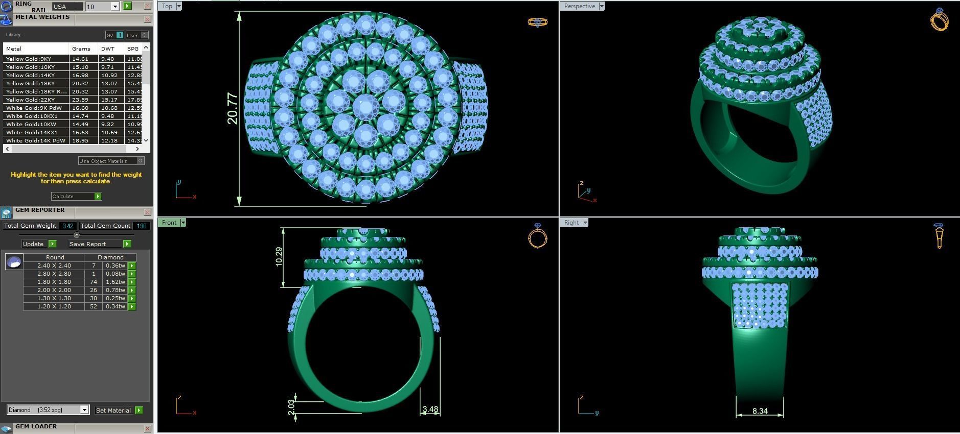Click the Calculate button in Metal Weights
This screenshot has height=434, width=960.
pos(76,197)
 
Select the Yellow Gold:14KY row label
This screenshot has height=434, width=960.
pos(30,75)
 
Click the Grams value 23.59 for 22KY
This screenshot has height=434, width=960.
pos(80,100)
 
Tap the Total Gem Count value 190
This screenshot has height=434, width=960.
pos(142,226)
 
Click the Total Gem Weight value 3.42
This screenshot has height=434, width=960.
pos(67,226)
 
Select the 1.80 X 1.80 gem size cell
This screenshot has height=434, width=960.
pos(54,282)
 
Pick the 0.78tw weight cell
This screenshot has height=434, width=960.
pos(115,290)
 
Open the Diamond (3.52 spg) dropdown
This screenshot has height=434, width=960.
pos(48,410)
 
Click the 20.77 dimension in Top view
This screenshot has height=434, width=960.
pos(232,108)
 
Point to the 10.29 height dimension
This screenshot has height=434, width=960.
pos(279,257)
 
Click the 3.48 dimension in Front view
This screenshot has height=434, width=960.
pos(430,409)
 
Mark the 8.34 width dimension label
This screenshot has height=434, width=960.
pos(760,411)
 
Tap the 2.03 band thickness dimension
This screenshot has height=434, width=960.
pos(291,407)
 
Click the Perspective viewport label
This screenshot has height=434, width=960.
pos(579,6)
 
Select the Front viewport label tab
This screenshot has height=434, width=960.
pos(169,223)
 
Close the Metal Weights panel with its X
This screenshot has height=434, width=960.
pos(147,19)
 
